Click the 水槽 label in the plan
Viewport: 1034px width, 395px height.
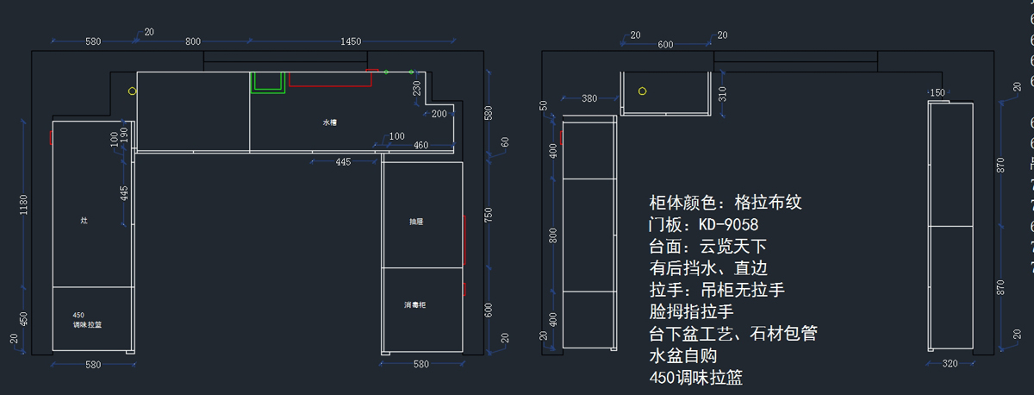point(330,122)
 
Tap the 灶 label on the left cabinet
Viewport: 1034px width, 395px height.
point(84,221)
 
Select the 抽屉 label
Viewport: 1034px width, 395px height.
point(416,222)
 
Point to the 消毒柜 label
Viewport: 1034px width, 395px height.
point(416,305)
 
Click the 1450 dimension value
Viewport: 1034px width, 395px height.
point(351,41)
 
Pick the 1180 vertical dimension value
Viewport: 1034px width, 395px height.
point(23,204)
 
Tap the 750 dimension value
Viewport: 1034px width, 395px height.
point(489,213)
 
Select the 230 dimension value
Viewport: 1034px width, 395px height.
point(417,89)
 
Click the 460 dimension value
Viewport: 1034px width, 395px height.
point(420,145)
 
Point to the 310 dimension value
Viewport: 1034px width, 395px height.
point(722,92)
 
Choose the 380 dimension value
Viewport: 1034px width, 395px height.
point(589,98)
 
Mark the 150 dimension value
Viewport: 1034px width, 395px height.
point(937,93)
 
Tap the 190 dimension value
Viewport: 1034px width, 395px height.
point(124,135)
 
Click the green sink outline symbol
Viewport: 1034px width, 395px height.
point(268,83)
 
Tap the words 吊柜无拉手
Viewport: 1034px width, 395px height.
point(749,290)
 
